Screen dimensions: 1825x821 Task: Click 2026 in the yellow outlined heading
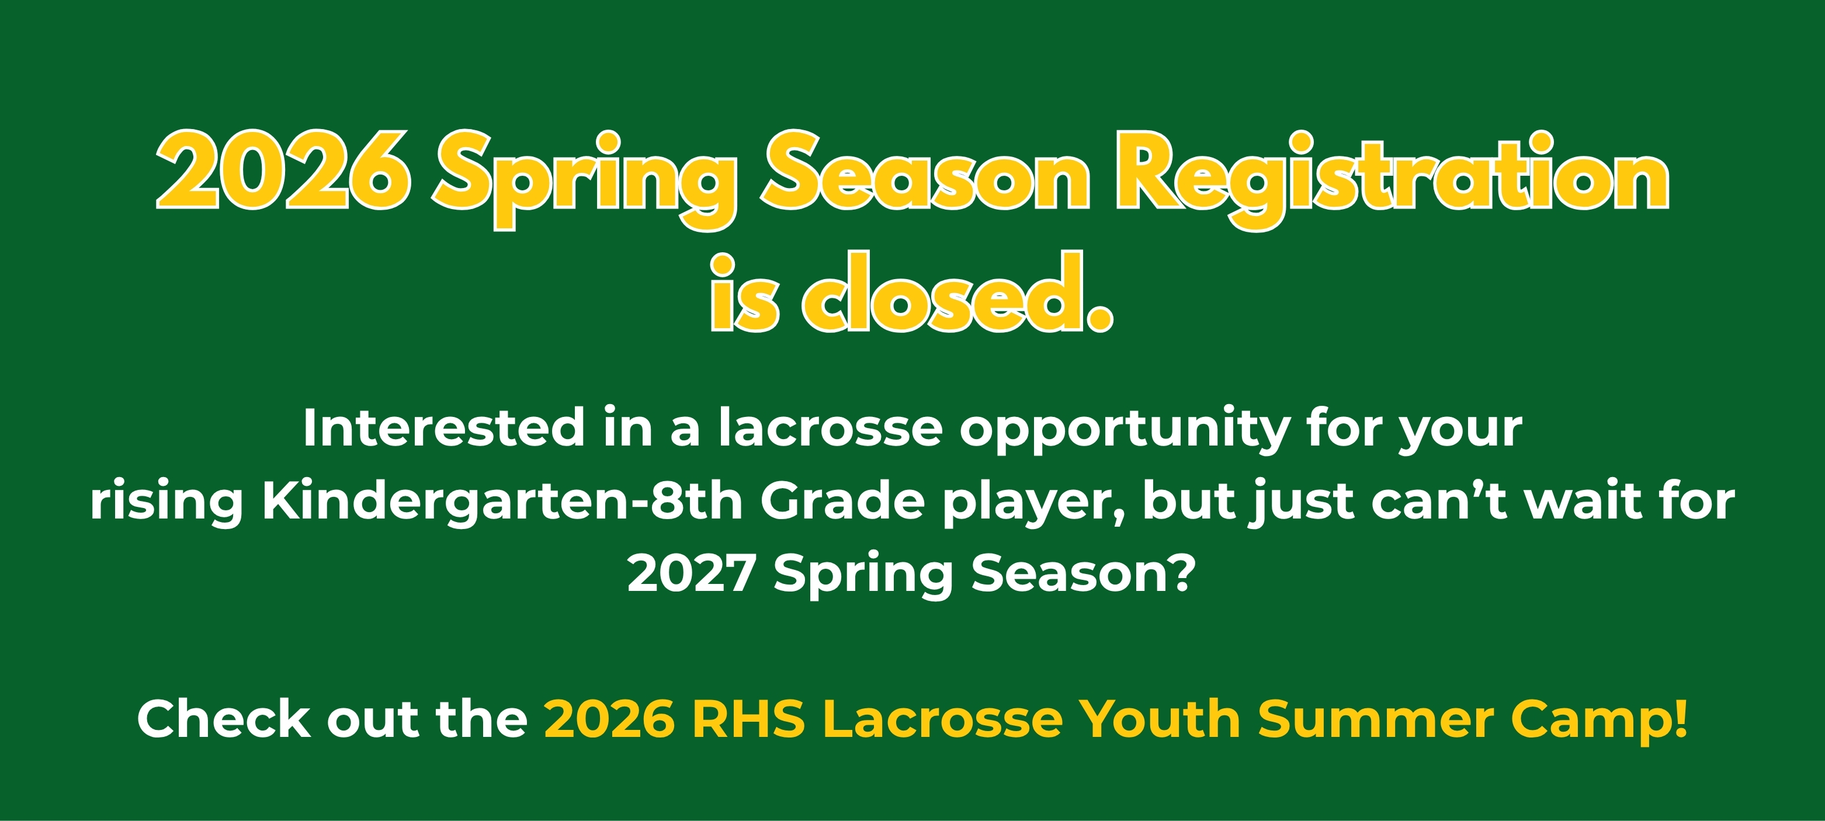pyautogui.click(x=283, y=170)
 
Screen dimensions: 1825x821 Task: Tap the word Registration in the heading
pyautogui.click(x=1393, y=180)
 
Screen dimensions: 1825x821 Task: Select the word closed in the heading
pyautogui.click(x=958, y=292)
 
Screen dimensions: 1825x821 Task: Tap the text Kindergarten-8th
pyautogui.click(x=502, y=502)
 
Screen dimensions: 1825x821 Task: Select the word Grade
pyautogui.click(x=843, y=501)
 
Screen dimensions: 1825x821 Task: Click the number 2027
pyautogui.click(x=692, y=572)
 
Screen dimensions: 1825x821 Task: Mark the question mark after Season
pyautogui.click(x=1182, y=572)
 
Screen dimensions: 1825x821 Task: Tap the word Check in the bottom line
pyautogui.click(x=223, y=718)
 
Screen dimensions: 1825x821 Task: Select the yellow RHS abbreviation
pyautogui.click(x=748, y=719)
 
